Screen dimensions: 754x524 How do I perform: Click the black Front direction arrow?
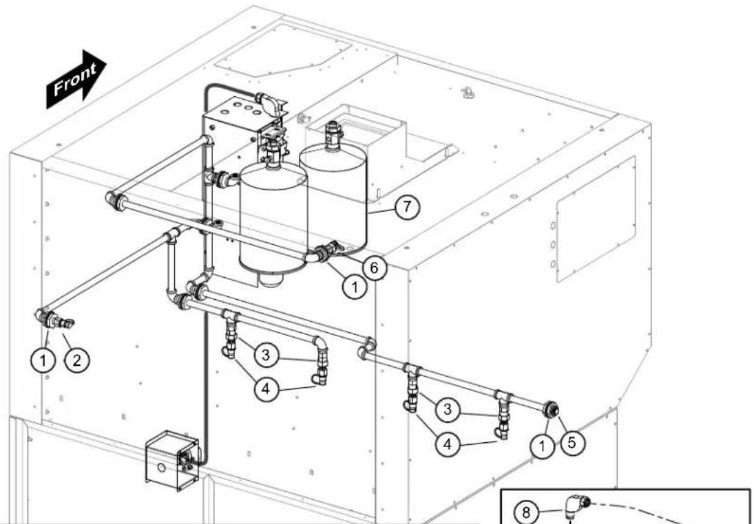pyautogui.click(x=76, y=79)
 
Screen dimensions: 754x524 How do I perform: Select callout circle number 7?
pyautogui.click(x=407, y=207)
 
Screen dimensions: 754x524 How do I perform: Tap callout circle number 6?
pyautogui.click(x=374, y=268)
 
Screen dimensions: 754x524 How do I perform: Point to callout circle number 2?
pyautogui.click(x=77, y=360)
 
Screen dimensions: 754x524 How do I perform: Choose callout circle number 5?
pyautogui.click(x=572, y=442)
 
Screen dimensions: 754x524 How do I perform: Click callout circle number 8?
pyautogui.click(x=526, y=512)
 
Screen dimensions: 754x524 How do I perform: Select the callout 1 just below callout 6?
pyautogui.click(x=355, y=287)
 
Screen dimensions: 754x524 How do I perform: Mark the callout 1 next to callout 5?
pyautogui.click(x=542, y=446)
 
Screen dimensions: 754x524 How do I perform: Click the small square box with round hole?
pyautogui.click(x=172, y=460)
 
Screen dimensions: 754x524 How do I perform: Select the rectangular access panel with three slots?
pyautogui.click(x=596, y=219)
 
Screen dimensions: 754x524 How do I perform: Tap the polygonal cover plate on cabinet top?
pyautogui.click(x=283, y=50)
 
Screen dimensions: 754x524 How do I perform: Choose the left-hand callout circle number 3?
pyautogui.click(x=265, y=356)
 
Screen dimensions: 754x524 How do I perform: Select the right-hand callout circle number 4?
pyautogui.click(x=447, y=444)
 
